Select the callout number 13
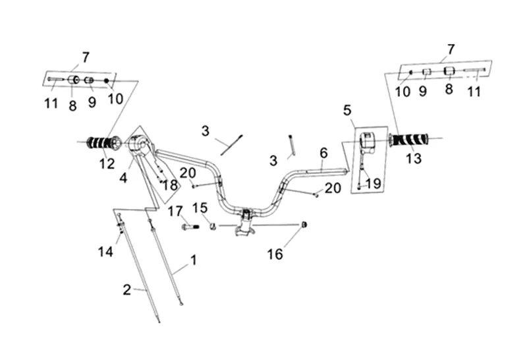point(413,158)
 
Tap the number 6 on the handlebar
point(323,153)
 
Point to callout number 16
point(275,254)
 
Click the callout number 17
point(175,212)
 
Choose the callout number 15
point(200,208)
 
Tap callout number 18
point(170,185)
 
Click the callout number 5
point(347,109)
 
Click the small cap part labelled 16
point(304,225)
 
